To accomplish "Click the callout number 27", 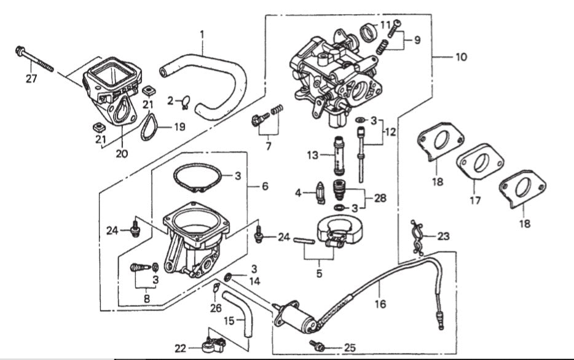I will [x=31, y=78].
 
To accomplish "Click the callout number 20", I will [x=121, y=153].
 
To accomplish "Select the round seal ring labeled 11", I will [x=369, y=32].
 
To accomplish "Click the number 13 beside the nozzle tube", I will [x=312, y=155].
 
